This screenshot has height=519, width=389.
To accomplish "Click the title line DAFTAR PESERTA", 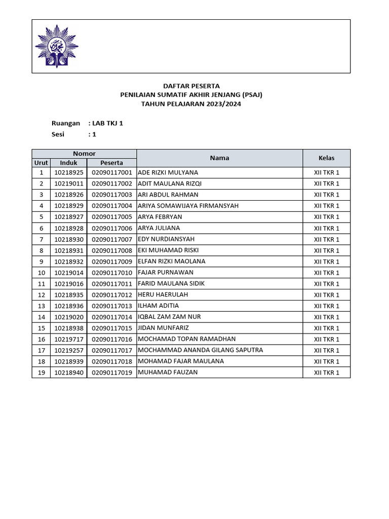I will [x=191, y=86].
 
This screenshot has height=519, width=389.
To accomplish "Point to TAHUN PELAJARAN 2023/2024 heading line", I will [x=191, y=104].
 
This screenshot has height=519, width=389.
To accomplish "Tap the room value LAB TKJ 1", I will [x=107, y=123].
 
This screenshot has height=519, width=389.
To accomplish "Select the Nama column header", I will [x=219, y=158].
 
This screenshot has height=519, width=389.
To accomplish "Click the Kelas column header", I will [x=326, y=158].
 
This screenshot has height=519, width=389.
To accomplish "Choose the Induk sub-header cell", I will [x=68, y=163].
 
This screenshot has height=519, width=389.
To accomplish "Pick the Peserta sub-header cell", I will [x=111, y=163].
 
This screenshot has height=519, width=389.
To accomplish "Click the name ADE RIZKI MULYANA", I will [x=168, y=172].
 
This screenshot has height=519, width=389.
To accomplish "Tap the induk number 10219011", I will [x=68, y=183].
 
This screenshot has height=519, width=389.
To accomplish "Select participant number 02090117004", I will [x=111, y=206].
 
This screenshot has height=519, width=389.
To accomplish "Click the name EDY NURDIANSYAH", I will [x=166, y=239].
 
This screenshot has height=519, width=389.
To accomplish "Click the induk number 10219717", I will [x=68, y=339].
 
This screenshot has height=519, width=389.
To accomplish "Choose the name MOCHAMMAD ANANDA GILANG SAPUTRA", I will [x=200, y=350].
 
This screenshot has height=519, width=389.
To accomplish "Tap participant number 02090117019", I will [x=111, y=373].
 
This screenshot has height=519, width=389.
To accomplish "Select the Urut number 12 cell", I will [x=41, y=295].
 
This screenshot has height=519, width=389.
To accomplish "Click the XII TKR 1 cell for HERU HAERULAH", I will [x=326, y=295].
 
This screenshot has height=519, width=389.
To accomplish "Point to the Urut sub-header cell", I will [x=41, y=163].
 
